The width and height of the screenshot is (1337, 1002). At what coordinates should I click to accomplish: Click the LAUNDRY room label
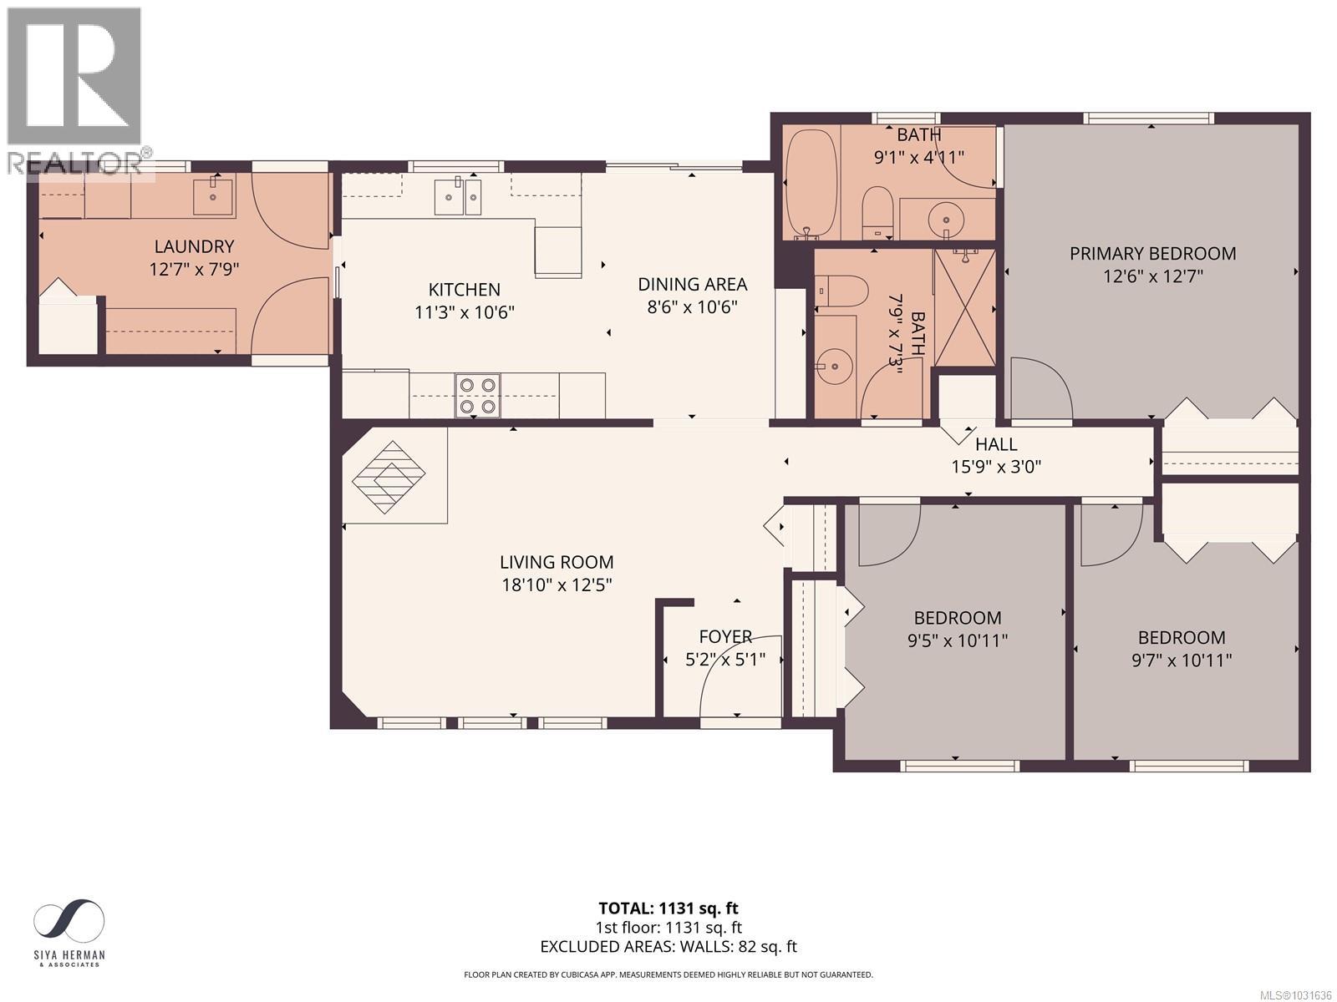[x=194, y=246]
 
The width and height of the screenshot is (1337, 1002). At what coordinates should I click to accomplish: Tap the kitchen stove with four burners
[x=477, y=395]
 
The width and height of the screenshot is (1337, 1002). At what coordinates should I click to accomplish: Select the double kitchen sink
[x=457, y=197]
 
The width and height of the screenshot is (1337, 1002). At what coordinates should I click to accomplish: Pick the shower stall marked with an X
[x=965, y=307]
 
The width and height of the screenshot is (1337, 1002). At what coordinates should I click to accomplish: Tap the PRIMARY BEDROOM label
[x=1152, y=253]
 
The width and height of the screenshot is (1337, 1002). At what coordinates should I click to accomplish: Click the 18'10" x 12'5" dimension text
[x=557, y=584]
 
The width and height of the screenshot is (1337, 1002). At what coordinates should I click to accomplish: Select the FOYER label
[x=725, y=636]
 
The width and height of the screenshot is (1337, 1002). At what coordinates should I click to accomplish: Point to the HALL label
[x=996, y=445]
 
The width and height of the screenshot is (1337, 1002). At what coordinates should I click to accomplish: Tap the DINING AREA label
[x=692, y=284]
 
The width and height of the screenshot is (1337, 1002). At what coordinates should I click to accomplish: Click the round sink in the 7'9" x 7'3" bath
[x=833, y=365]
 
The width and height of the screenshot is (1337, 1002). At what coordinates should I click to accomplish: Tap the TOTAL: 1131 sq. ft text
[x=668, y=908]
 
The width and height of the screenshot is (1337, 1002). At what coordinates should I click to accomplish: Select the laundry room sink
[x=214, y=195]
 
